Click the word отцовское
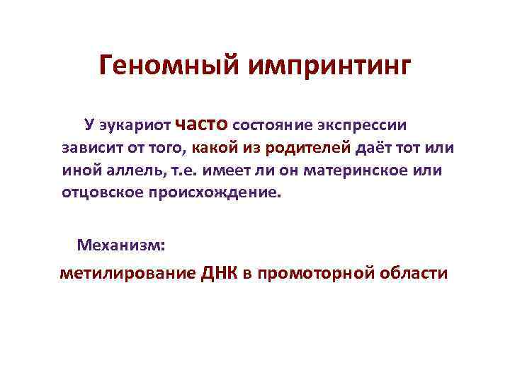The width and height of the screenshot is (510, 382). (x=101, y=193)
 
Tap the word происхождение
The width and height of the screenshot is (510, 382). (x=215, y=193)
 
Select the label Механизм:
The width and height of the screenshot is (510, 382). (x=121, y=245)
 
